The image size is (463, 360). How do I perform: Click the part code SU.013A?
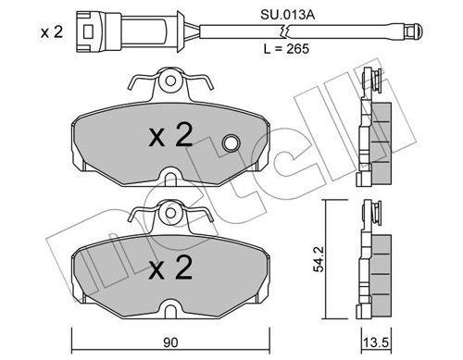pos(287,15)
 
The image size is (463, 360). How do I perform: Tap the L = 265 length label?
pos(286,49)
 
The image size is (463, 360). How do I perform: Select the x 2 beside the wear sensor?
pos(52,32)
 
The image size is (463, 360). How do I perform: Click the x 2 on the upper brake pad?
pos(170,135)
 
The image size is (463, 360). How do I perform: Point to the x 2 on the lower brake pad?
pos(170,268)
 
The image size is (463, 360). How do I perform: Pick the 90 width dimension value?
pos(170,342)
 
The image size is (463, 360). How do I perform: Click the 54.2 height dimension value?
pos(318,259)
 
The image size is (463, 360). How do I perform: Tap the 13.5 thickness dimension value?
pos(376,342)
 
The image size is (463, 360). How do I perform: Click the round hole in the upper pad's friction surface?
pos(231,143)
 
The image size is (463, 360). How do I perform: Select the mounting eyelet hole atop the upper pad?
pos(170,81)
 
